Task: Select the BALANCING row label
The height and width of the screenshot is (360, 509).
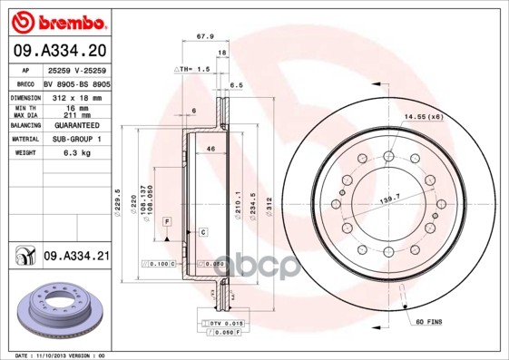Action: coord(24,124)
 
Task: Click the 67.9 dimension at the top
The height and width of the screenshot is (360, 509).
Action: coord(205,37)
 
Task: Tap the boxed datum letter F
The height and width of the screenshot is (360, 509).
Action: coord(167,221)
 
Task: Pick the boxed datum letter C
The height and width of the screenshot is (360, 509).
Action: coord(203,233)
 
